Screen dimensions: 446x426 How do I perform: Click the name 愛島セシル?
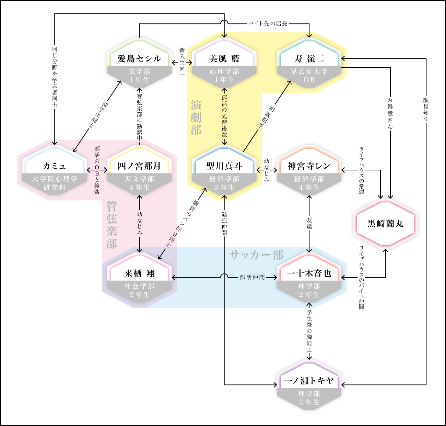(x=139, y=59)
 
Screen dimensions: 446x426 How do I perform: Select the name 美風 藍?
(x=224, y=59)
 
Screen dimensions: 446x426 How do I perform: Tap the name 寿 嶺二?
(x=309, y=59)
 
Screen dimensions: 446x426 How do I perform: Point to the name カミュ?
(x=55, y=166)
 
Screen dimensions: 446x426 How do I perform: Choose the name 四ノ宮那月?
(x=139, y=166)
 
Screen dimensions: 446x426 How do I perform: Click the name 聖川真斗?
(x=224, y=166)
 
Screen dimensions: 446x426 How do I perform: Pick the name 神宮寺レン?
(x=309, y=166)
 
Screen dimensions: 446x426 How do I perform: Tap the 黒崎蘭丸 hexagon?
(x=385, y=224)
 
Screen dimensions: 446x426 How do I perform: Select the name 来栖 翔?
(x=139, y=273)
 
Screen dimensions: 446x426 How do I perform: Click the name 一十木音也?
(x=309, y=273)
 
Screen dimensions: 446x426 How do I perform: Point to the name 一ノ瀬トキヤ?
(x=309, y=381)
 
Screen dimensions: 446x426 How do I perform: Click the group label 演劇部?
(x=196, y=117)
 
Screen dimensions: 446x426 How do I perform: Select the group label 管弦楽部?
(x=111, y=225)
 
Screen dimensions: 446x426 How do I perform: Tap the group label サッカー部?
(x=256, y=255)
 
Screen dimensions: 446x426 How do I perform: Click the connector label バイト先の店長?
(x=268, y=23)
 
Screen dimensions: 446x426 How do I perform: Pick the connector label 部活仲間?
(x=252, y=277)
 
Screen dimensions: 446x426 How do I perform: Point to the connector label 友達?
(x=309, y=223)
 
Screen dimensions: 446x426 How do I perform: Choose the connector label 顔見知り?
(x=426, y=110)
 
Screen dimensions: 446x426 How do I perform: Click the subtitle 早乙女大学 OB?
(x=309, y=76)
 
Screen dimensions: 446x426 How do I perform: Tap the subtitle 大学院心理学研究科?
(x=55, y=183)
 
